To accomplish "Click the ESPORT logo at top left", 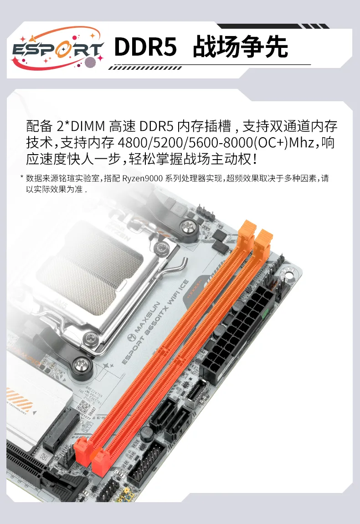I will [57, 49].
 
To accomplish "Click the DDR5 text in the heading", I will [145, 47].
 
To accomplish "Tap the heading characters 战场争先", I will [241, 47].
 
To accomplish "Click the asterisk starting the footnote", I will [21, 177].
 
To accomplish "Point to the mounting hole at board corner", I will [288, 275].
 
